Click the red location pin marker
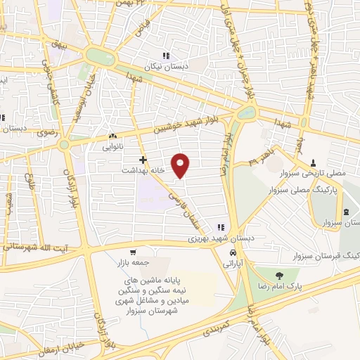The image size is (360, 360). click(181, 165)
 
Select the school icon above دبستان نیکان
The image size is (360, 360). click(167, 55)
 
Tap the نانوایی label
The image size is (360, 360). click(112, 146)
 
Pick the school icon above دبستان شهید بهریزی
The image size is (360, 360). click(220, 228)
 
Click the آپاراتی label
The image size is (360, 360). click(232, 263)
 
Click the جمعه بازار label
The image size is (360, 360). click(132, 263)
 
